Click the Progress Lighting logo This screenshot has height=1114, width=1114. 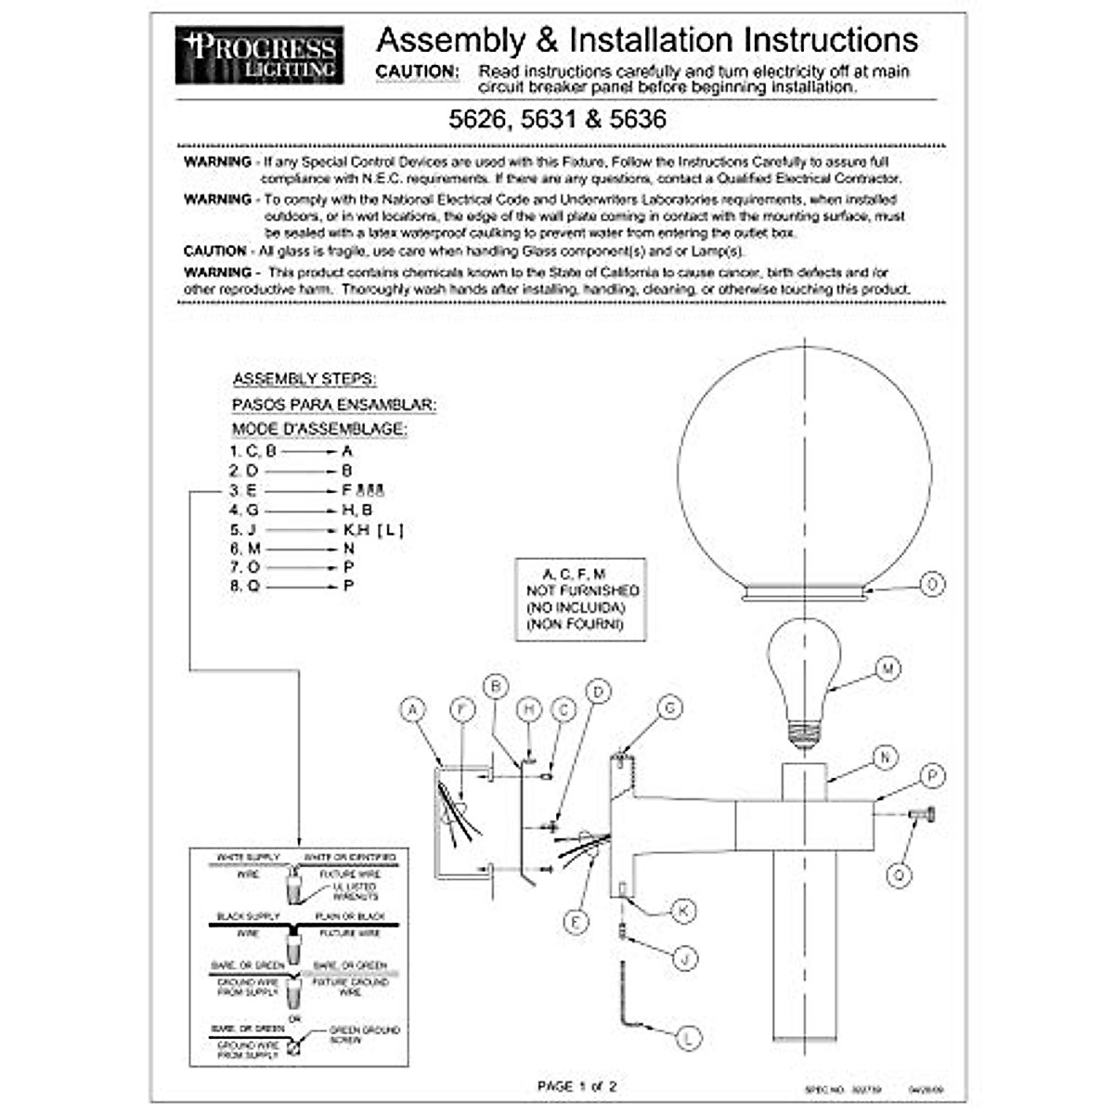tap(259, 56)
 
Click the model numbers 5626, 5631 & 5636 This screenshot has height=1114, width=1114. tap(557, 120)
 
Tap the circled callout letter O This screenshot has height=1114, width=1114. tap(932, 584)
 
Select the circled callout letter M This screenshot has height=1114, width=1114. tap(888, 668)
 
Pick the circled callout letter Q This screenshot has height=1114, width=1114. tap(899, 874)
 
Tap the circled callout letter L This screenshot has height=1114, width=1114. tap(688, 1038)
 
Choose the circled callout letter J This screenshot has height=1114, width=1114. tap(684, 958)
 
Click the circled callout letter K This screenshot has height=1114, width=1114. tap(683, 911)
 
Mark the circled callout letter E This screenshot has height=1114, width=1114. tap(576, 922)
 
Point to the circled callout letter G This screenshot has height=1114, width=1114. tap(669, 708)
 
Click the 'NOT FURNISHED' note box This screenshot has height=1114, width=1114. tap(581, 599)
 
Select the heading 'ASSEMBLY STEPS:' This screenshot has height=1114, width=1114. tap(304, 380)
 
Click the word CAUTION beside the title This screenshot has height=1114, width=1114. tap(417, 71)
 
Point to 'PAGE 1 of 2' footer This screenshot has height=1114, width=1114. tap(576, 1085)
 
